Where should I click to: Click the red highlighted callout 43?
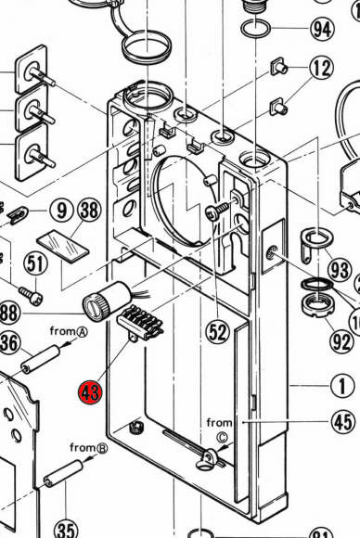pyautogui.click(x=90, y=391)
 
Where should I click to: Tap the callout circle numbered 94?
pyautogui.click(x=322, y=30)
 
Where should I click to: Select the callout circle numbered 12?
pyautogui.click(x=322, y=68)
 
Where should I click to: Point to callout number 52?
pyautogui.click(x=218, y=332)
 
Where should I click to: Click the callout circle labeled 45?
pyautogui.click(x=343, y=422)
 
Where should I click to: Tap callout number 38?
pyautogui.click(x=90, y=210)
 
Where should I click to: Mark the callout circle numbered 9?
pyautogui.click(x=61, y=211)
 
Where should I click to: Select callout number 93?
pyautogui.click(x=340, y=270)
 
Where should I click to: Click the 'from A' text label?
pyautogui.click(x=69, y=331)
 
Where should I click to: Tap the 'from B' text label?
pyautogui.click(x=88, y=447)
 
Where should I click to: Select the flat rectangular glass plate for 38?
pyautogui.click(x=63, y=246)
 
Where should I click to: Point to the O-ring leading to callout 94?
pyautogui.click(x=256, y=28)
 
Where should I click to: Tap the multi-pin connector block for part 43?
pyautogui.click(x=140, y=324)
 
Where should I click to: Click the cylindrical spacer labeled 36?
pyautogui.click(x=41, y=361)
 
